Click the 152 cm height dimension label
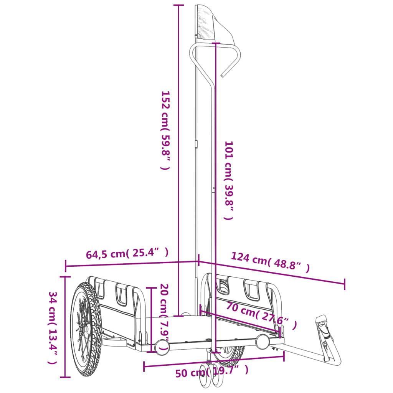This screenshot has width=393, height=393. [165, 130]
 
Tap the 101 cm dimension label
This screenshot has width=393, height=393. [229, 180]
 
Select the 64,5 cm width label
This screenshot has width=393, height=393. [127, 253]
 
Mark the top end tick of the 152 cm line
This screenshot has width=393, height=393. [179, 5]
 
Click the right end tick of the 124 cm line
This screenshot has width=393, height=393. [344, 284]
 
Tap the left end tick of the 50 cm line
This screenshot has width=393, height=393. [144, 367]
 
